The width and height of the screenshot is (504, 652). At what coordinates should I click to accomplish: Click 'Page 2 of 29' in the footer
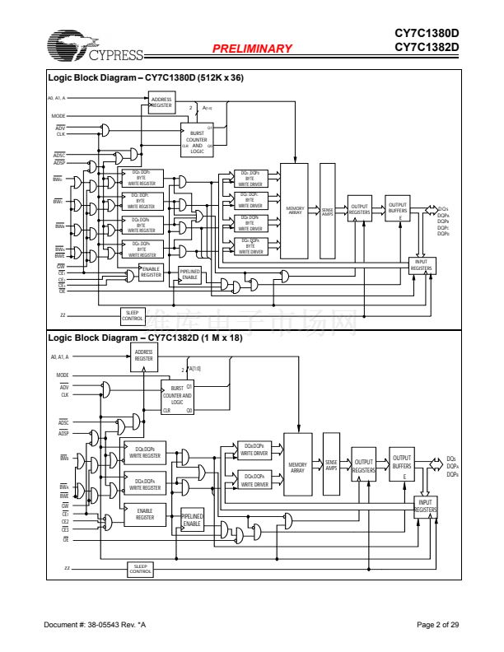tap(437, 626)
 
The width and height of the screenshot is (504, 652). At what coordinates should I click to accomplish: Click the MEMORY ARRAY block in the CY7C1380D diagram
tap(295, 210)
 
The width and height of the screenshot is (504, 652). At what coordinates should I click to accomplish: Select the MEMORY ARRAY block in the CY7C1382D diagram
tap(297, 468)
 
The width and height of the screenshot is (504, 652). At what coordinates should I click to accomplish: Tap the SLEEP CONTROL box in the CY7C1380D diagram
tap(133, 314)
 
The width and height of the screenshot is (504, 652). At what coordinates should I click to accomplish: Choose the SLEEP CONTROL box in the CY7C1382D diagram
tap(141, 569)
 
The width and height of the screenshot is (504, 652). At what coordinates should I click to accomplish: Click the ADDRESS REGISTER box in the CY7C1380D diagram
tap(161, 103)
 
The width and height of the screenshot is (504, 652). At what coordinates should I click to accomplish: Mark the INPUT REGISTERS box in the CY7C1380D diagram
tap(422, 266)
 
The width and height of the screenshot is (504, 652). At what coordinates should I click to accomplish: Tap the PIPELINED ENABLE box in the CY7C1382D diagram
tap(191, 519)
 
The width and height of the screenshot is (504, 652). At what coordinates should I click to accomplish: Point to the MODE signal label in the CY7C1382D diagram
tap(62, 375)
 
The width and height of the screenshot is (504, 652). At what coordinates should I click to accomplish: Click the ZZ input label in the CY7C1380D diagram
tap(63, 314)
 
